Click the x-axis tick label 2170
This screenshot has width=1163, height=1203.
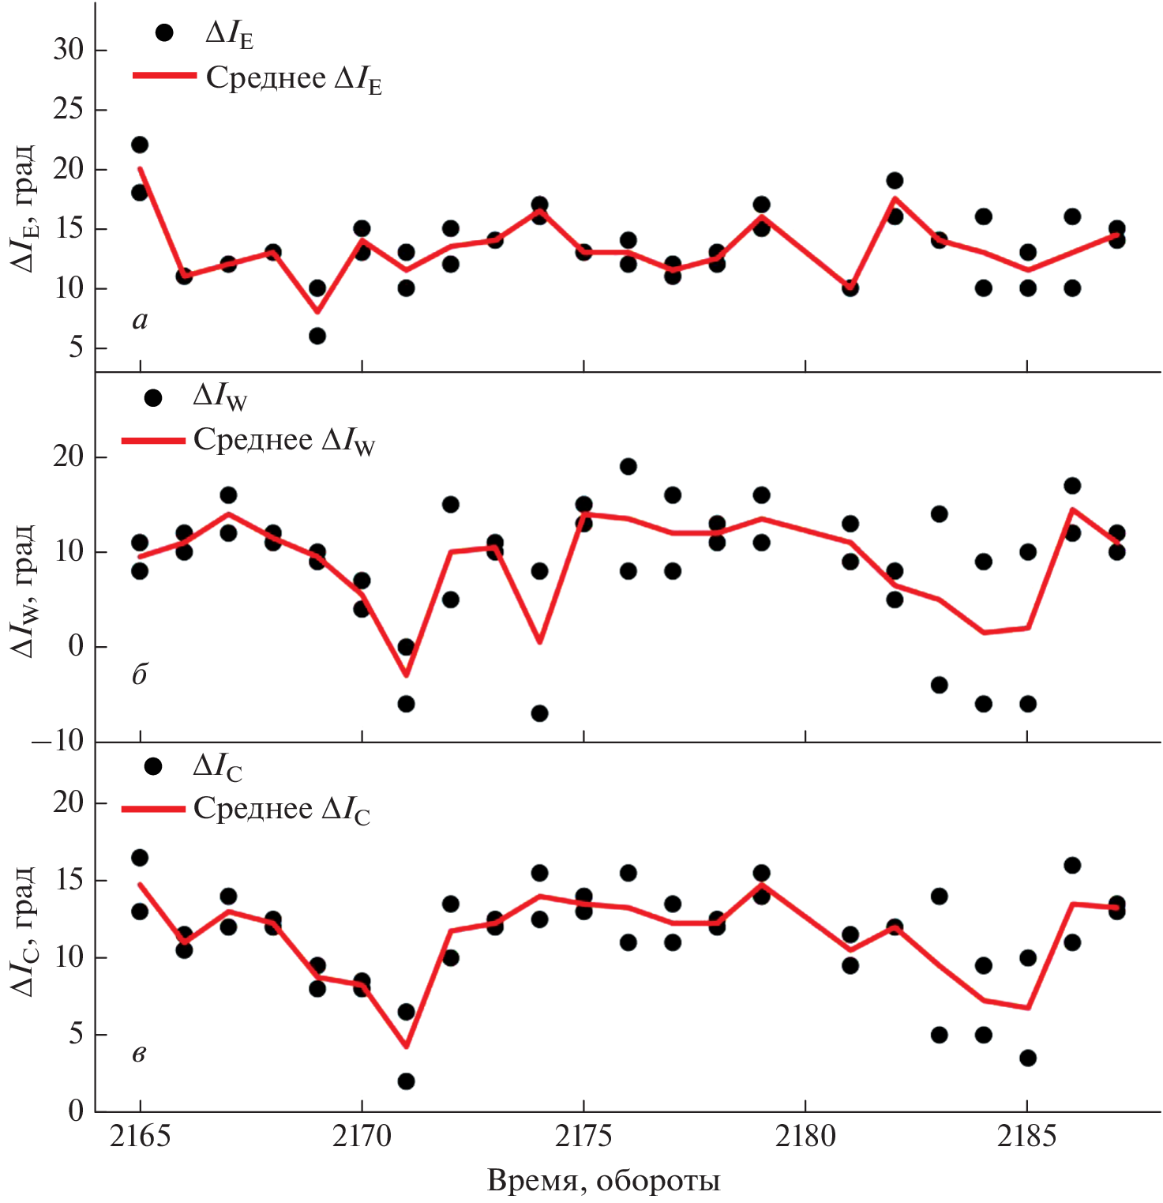[x=362, y=1137]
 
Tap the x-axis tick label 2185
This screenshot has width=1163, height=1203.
[x=1026, y=1137]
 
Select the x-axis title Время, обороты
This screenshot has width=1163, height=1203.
[x=604, y=1181]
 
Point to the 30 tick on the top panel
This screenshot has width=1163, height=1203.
[x=68, y=50]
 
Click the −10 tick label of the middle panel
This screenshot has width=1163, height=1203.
[x=58, y=741]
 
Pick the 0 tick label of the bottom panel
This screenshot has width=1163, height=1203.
[x=76, y=1111]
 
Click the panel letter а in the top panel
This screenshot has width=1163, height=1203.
[x=141, y=320]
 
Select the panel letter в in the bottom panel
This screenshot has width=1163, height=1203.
[x=139, y=1054]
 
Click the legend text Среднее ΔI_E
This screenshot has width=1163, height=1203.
[x=294, y=79]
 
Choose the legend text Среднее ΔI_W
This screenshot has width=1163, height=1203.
[x=284, y=441]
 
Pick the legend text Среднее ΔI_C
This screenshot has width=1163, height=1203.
[x=282, y=810]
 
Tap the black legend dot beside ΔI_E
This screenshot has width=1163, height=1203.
[x=164, y=32]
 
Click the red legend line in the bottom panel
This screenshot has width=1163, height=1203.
[x=153, y=809]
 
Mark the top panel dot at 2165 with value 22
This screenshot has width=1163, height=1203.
[x=140, y=145]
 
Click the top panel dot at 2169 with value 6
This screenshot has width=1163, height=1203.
[x=317, y=336]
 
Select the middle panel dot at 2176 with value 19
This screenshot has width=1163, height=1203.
[x=628, y=466]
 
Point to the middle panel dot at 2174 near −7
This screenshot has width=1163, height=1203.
[x=539, y=713]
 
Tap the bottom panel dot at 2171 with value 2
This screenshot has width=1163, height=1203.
[x=406, y=1081]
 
